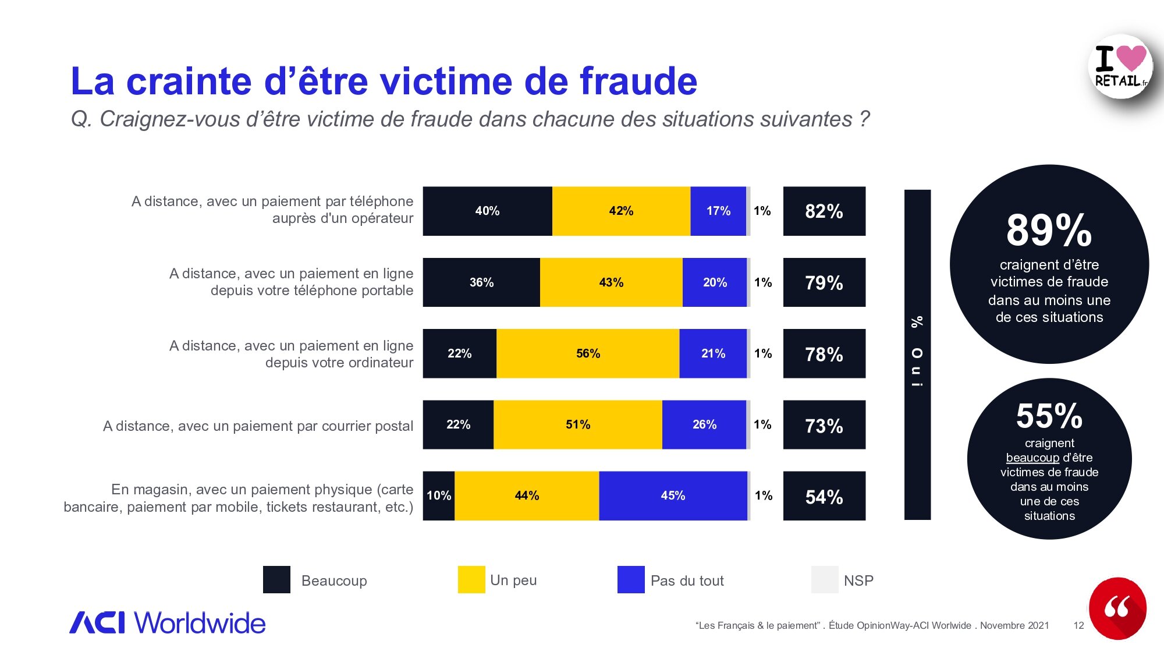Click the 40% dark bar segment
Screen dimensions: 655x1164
[487, 211]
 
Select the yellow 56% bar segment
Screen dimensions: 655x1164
[588, 353]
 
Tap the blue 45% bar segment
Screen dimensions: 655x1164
[673, 495]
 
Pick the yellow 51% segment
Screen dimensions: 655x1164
[578, 424]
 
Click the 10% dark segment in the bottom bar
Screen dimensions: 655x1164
[439, 495]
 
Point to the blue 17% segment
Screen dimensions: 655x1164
[718, 211]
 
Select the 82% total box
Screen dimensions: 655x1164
[824, 211]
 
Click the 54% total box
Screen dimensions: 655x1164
[824, 496]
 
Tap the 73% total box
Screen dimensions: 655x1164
[824, 425]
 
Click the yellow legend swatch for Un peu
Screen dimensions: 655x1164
[471, 580]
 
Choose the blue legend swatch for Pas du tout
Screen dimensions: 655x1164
[631, 580]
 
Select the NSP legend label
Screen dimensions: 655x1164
[858, 580]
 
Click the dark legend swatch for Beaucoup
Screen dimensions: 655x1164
[276, 580]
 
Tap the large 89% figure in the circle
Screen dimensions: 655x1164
[1049, 230]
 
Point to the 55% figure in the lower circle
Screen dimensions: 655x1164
[1049, 416]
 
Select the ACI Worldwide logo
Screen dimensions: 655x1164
[168, 622]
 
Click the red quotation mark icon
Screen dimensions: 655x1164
[1117, 608]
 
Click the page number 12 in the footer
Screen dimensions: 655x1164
[1078, 625]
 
